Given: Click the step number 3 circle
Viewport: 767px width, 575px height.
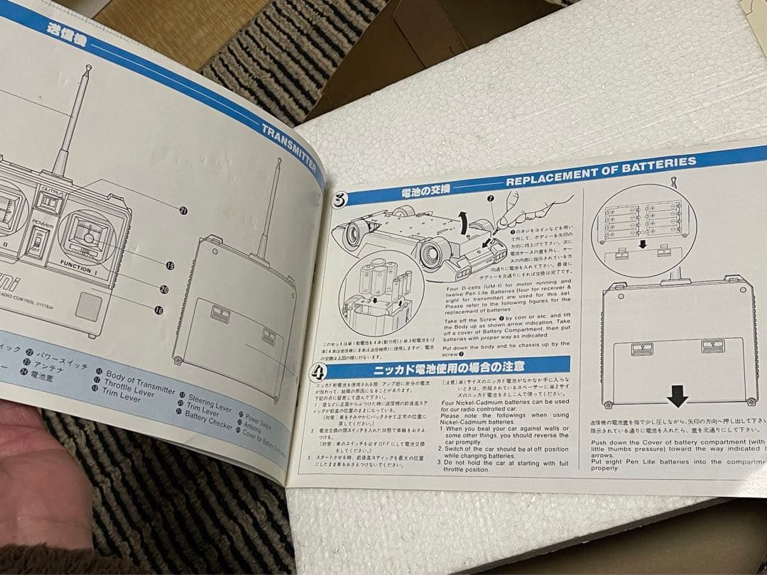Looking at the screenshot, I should pos(339,199).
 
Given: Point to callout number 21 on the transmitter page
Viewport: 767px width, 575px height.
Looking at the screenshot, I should pos(183,211).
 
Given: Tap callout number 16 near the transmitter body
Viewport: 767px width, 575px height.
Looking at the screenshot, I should pos(158,310).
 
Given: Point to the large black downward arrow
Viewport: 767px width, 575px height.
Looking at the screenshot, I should pos(678,395).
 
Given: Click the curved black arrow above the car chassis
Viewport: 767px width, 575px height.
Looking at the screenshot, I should pos(462,225).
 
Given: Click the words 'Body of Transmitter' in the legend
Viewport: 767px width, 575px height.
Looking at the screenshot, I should pos(140,381).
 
